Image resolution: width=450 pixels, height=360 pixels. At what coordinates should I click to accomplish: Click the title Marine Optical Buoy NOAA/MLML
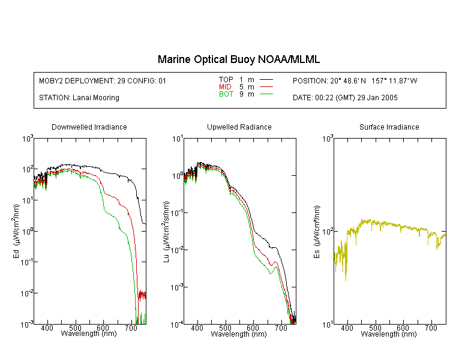coord(238,59)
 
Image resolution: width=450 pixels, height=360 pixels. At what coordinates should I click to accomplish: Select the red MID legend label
coord(225,86)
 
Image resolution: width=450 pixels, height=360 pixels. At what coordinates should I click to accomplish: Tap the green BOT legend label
coord(226,94)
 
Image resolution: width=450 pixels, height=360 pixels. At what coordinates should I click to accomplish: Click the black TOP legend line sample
coord(266,80)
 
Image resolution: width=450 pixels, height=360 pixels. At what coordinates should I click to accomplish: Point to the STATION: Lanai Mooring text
coord(79,98)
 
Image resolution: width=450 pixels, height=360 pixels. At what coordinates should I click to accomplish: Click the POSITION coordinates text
coord(355,80)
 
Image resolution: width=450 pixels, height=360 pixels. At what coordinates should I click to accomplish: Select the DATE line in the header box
coord(345,98)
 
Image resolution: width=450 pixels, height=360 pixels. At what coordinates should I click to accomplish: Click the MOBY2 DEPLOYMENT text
coord(103,81)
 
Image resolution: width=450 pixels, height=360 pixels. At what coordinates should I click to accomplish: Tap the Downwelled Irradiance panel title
coord(89,127)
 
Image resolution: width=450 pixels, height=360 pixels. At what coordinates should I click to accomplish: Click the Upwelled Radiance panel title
coord(239,127)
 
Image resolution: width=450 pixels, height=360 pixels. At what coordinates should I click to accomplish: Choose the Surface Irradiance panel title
coord(389,127)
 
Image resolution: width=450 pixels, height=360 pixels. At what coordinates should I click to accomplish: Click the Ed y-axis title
coord(16,231)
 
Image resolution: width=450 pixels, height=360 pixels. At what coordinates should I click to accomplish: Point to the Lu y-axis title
coord(166,232)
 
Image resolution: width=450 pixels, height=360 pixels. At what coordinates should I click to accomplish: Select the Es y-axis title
coord(316,232)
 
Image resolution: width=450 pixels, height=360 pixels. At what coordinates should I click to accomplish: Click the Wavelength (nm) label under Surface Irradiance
coord(389,334)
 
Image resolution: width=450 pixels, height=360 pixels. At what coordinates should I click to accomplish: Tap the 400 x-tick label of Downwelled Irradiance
coord(47,328)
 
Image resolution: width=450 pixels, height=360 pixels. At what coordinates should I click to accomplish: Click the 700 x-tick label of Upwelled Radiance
coord(281,328)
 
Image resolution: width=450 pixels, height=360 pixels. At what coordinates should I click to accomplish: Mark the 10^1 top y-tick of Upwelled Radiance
coord(177,139)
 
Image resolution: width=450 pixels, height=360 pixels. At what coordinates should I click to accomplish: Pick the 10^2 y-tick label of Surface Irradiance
coord(328,231)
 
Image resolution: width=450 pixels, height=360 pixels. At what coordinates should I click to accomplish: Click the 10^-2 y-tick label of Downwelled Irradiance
coord(26,293)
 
